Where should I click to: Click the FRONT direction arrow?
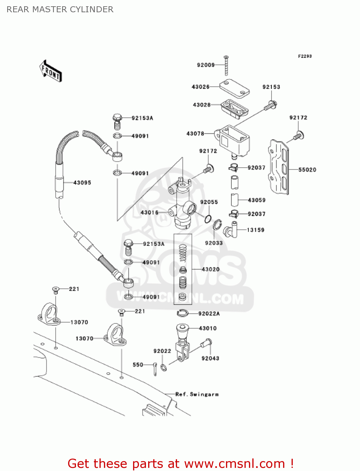[x=51, y=71]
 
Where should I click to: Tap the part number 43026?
[x=200, y=87]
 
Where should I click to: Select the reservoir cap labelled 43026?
[x=234, y=89]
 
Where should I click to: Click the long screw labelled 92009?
[x=226, y=66]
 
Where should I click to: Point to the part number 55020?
[x=307, y=170]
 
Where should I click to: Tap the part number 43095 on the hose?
[x=82, y=183]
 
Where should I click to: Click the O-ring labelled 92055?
[x=208, y=219]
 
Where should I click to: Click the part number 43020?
[x=210, y=269]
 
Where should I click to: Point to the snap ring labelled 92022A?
[x=182, y=313]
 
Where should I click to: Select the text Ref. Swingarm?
[x=197, y=394]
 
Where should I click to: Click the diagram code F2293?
[x=304, y=56]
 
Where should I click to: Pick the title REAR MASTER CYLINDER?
[x=60, y=9]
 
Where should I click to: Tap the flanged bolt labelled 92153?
[x=271, y=105]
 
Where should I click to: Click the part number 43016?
[x=149, y=213]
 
